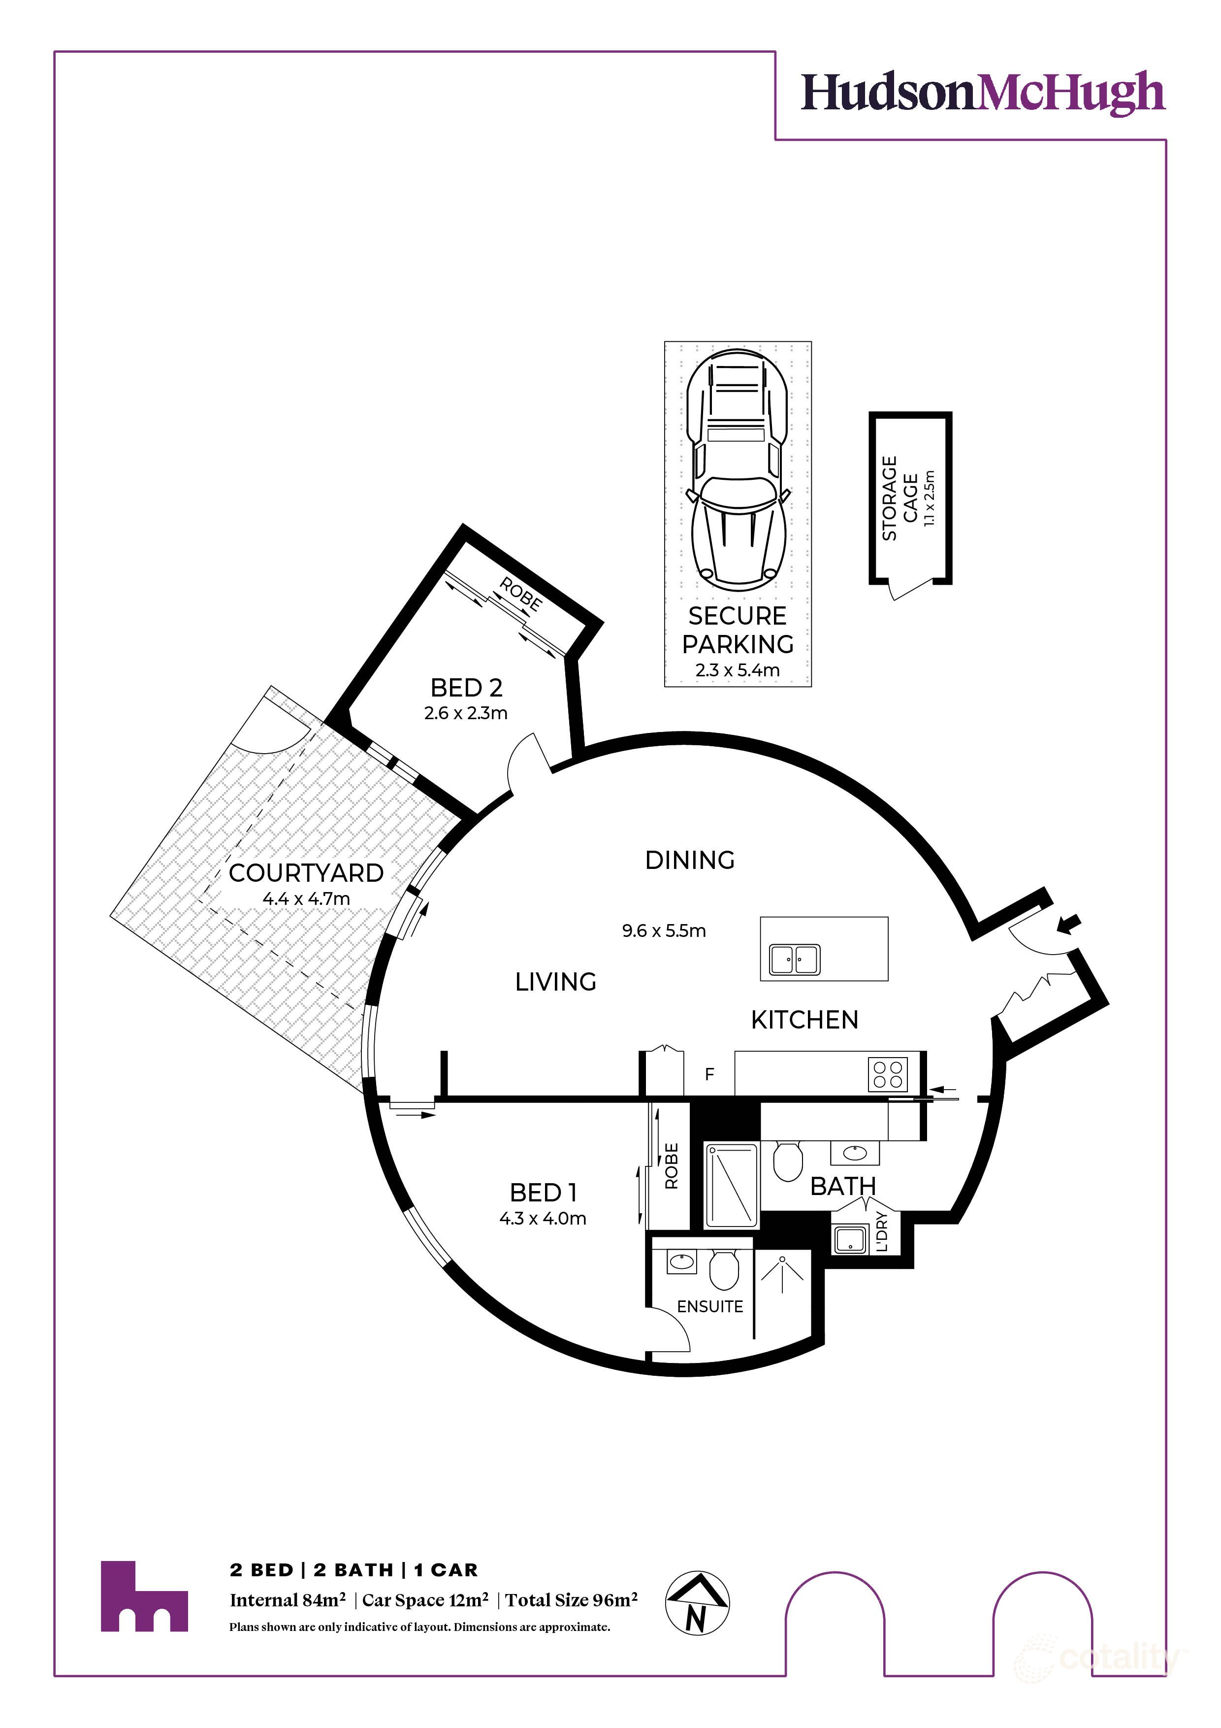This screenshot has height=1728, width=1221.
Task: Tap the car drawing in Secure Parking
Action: pyautogui.click(x=737, y=470)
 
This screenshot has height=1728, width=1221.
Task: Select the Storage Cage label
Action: pyautogui.click(x=900, y=498)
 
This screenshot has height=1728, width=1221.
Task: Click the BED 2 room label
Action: pyautogui.click(x=466, y=688)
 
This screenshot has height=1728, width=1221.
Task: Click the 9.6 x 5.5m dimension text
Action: pyautogui.click(x=664, y=931)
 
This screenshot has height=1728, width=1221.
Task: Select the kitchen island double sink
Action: pyautogui.click(x=795, y=960)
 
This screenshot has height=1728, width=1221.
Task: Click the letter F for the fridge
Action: pyautogui.click(x=708, y=1075)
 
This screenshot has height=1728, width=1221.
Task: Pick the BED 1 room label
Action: pyautogui.click(x=543, y=1193)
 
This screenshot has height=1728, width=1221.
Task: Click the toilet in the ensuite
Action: pyautogui.click(x=724, y=1269)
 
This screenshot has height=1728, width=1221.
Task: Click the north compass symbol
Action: pyautogui.click(x=697, y=1603)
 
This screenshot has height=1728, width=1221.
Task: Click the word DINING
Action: pyautogui.click(x=690, y=860)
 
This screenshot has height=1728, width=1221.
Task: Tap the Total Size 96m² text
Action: pyautogui.click(x=571, y=1600)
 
